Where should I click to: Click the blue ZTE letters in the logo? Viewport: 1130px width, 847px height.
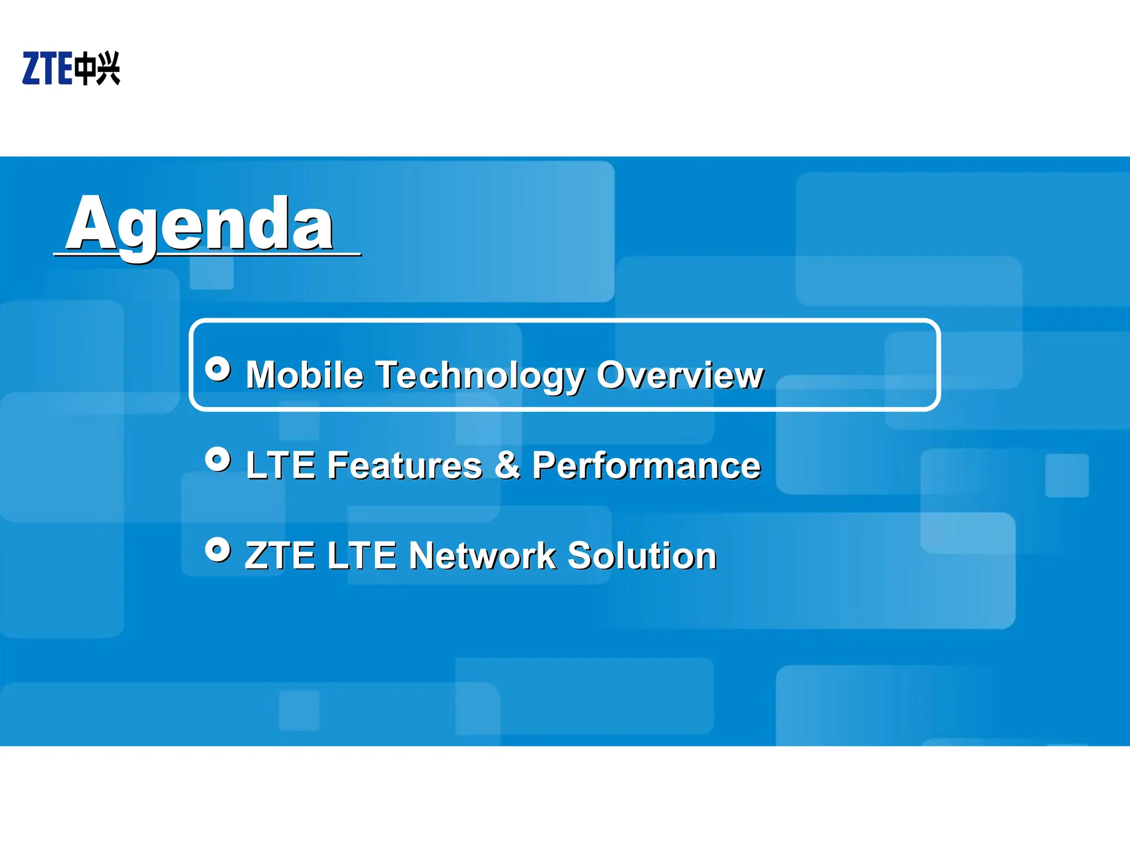click(x=47, y=68)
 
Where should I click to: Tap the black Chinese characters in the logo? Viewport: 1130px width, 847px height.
click(x=97, y=68)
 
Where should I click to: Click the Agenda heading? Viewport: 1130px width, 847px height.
click(x=200, y=225)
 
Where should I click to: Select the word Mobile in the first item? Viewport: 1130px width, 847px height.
click(x=305, y=375)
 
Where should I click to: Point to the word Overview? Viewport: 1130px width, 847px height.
click(x=680, y=375)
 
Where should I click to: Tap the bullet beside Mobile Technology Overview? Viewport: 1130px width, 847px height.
click(x=218, y=369)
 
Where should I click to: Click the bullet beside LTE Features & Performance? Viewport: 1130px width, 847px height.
click(x=218, y=459)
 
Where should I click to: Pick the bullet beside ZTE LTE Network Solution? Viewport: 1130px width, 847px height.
click(x=218, y=549)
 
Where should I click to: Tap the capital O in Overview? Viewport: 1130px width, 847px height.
click(x=614, y=375)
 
